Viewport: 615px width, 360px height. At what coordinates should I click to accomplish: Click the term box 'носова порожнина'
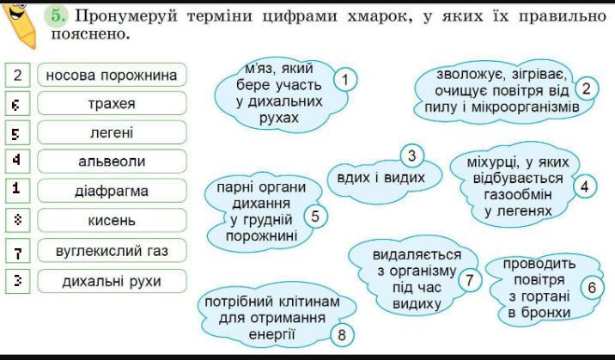click(x=112, y=76)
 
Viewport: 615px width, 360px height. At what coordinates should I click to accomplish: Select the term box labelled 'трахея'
click(x=112, y=105)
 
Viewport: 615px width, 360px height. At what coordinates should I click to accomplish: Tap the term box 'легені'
click(x=112, y=133)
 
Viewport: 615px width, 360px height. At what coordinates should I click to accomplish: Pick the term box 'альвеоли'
click(x=112, y=162)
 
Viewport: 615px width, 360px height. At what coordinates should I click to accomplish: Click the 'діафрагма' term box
click(x=112, y=191)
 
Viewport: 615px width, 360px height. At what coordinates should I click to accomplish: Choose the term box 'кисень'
click(x=112, y=221)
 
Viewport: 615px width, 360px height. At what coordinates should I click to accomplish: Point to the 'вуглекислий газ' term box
click(x=112, y=251)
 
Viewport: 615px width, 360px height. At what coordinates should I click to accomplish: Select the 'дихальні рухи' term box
click(x=112, y=281)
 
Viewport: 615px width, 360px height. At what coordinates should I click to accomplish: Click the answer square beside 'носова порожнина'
click(x=17, y=76)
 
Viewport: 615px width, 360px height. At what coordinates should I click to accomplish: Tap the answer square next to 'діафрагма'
click(x=17, y=190)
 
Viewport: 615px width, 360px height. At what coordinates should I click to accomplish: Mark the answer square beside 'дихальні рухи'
click(x=17, y=280)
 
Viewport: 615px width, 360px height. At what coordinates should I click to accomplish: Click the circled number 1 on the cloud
click(x=344, y=80)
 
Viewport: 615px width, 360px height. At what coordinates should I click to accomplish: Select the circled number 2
click(x=587, y=88)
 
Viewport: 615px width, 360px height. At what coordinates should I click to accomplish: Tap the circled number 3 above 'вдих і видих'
click(x=412, y=156)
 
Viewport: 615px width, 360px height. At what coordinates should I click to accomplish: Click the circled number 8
click(x=342, y=335)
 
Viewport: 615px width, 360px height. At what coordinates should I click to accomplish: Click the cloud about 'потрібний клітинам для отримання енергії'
click(x=267, y=318)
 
